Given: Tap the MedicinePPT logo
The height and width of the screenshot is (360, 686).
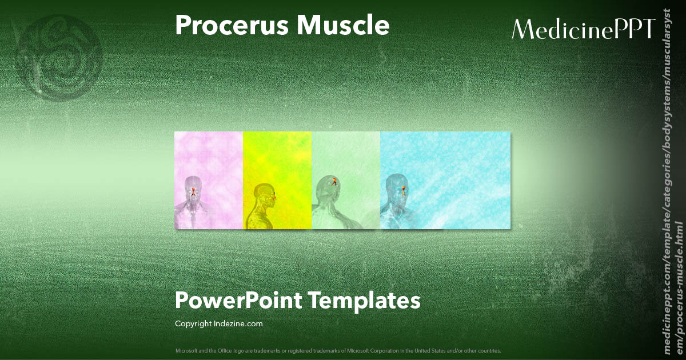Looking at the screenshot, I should pyautogui.click(x=583, y=29).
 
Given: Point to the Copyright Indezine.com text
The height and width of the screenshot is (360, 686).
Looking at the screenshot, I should pyautogui.click(x=219, y=324).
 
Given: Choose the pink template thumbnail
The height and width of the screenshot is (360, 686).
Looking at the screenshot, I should pyautogui.click(x=209, y=180).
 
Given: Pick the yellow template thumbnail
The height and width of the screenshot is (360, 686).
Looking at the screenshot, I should pyautogui.click(x=277, y=180).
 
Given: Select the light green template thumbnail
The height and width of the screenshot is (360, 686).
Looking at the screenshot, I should pyautogui.click(x=346, y=180).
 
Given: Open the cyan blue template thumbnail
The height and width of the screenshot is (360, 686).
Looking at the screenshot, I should pyautogui.click(x=445, y=180).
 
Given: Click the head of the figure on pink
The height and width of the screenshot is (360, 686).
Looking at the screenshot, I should pyautogui.click(x=193, y=187).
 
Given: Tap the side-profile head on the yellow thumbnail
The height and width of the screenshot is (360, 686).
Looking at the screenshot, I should pyautogui.click(x=265, y=193).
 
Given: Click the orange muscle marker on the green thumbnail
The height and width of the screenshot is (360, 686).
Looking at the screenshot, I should pyautogui.click(x=333, y=182).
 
